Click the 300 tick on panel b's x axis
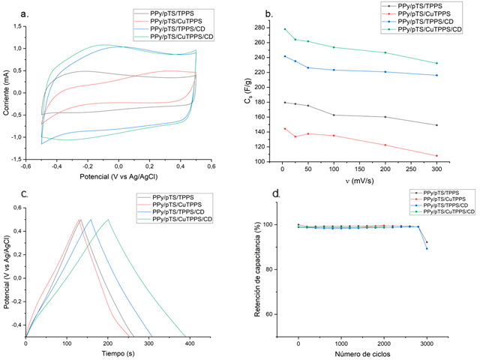point(437,171)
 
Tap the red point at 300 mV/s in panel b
point(437,156)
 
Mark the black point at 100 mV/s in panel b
point(334,115)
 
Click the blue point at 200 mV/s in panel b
point(385,72)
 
